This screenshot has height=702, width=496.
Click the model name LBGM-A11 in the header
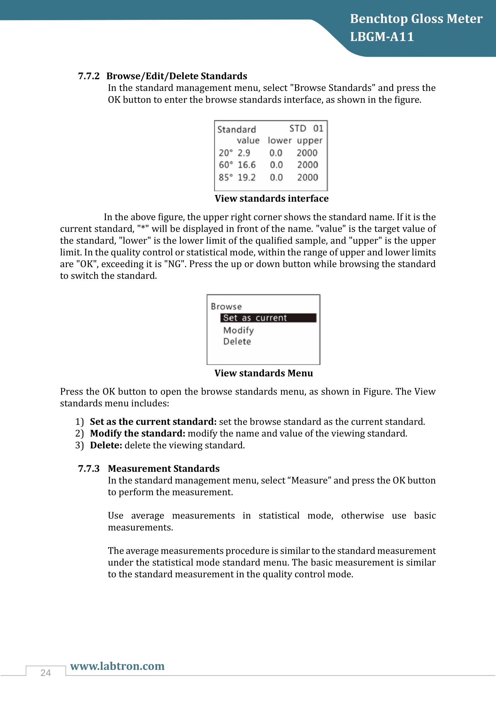(382, 37)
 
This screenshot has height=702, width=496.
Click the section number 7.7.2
(88, 76)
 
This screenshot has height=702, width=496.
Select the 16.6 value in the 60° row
(247, 165)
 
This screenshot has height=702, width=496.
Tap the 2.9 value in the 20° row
(244, 152)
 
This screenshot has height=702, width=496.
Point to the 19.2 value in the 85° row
(246, 177)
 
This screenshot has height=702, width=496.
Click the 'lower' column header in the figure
(279, 140)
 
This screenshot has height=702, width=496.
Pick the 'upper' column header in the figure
(309, 141)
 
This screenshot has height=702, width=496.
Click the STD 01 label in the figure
(306, 128)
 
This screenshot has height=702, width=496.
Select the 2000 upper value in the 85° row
(308, 177)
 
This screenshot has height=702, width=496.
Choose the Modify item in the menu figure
(238, 330)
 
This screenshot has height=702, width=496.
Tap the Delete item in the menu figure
(237, 342)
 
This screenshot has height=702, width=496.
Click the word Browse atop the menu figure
(226, 306)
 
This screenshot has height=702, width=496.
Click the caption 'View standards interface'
(271, 198)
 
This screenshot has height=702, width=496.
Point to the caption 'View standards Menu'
(264, 373)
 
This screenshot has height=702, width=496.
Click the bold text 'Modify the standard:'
(137, 433)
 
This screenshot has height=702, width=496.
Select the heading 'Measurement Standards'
(164, 469)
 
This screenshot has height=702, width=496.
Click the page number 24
(46, 673)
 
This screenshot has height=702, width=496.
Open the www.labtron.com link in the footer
(117, 666)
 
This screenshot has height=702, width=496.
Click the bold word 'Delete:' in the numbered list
(106, 445)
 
